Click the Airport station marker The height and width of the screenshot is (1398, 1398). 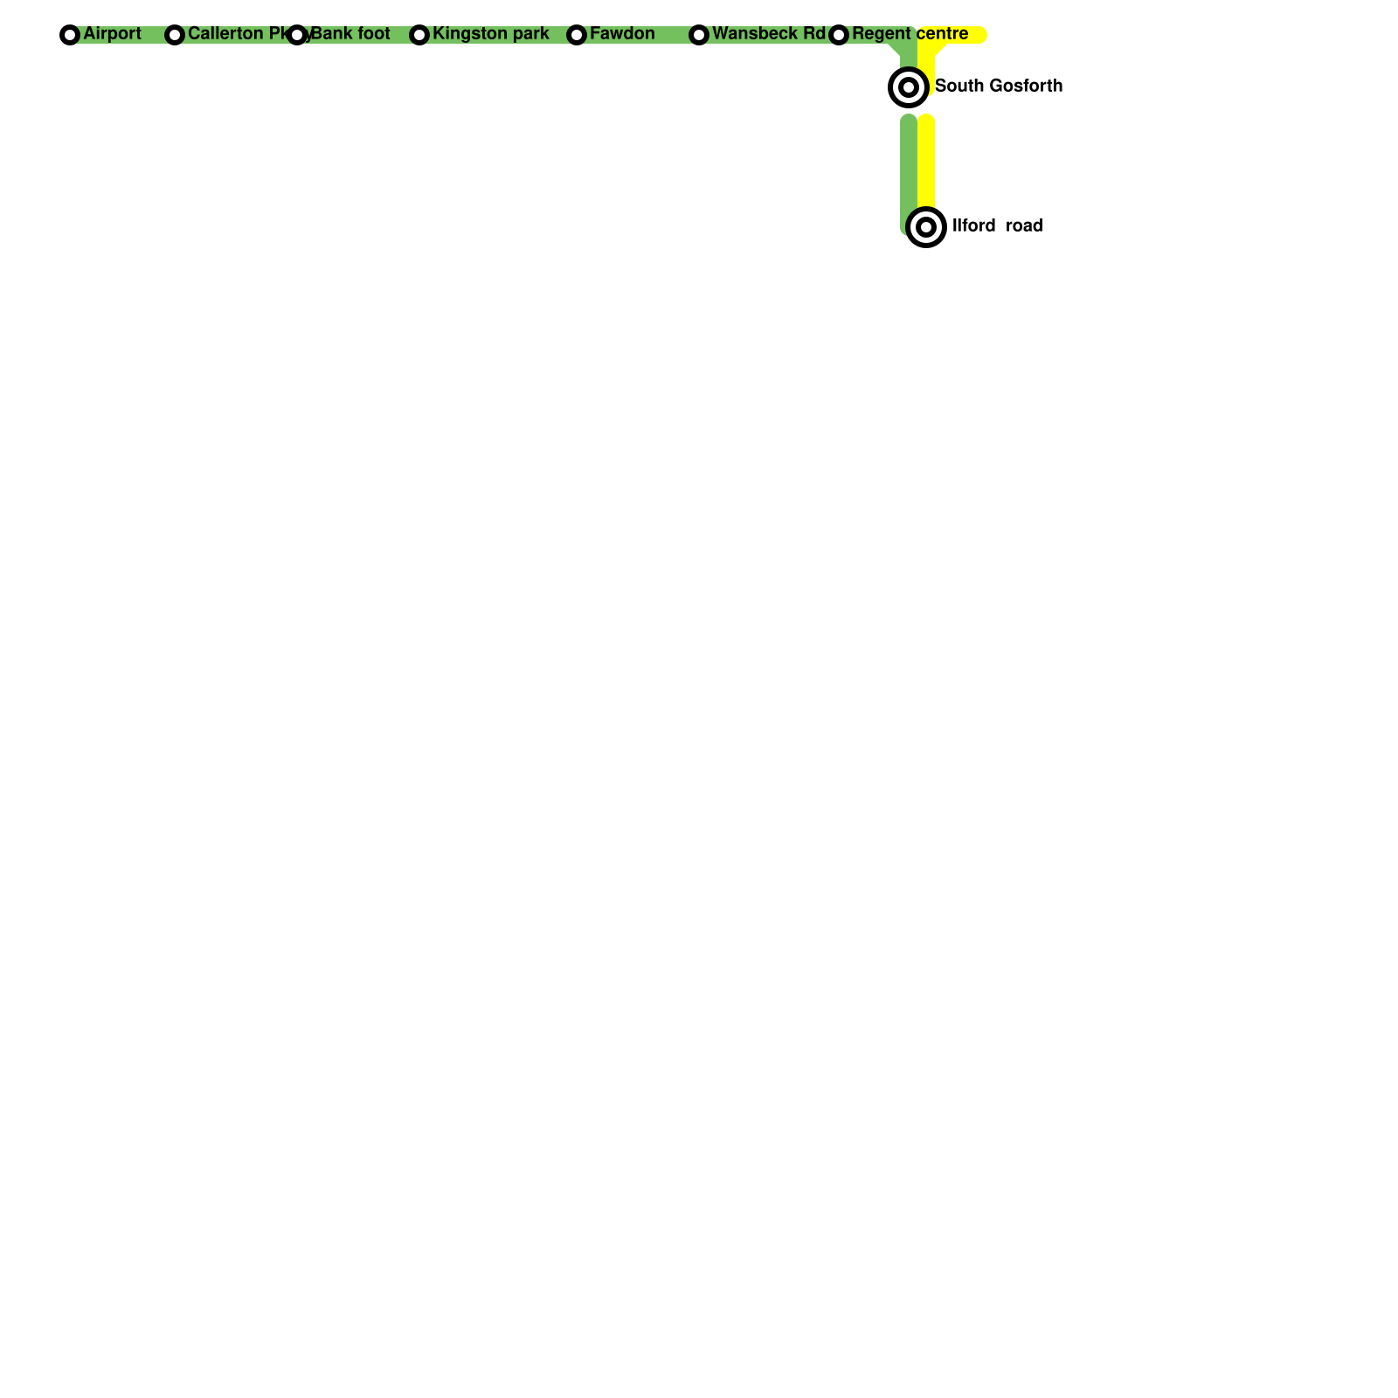(x=70, y=35)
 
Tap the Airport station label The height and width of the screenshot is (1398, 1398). (x=112, y=34)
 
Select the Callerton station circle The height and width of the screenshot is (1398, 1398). (x=175, y=35)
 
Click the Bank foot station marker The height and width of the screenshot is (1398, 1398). (x=297, y=35)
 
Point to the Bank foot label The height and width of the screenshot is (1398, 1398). (x=350, y=34)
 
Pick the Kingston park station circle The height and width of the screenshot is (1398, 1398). (x=419, y=35)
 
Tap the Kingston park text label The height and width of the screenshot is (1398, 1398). (x=490, y=34)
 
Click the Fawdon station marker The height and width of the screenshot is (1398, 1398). (x=577, y=35)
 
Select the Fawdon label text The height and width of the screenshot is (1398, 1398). (x=622, y=34)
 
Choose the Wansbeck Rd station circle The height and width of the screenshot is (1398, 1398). (x=699, y=35)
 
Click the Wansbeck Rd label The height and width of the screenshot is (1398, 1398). (x=769, y=34)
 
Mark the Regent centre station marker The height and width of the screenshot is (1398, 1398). (x=839, y=35)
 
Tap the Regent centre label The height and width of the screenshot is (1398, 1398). (x=910, y=34)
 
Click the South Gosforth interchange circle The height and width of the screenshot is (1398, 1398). (x=909, y=87)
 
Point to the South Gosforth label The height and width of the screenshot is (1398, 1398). (x=999, y=86)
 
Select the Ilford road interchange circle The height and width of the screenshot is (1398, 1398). (x=926, y=227)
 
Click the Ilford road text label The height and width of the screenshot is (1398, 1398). (x=997, y=225)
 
